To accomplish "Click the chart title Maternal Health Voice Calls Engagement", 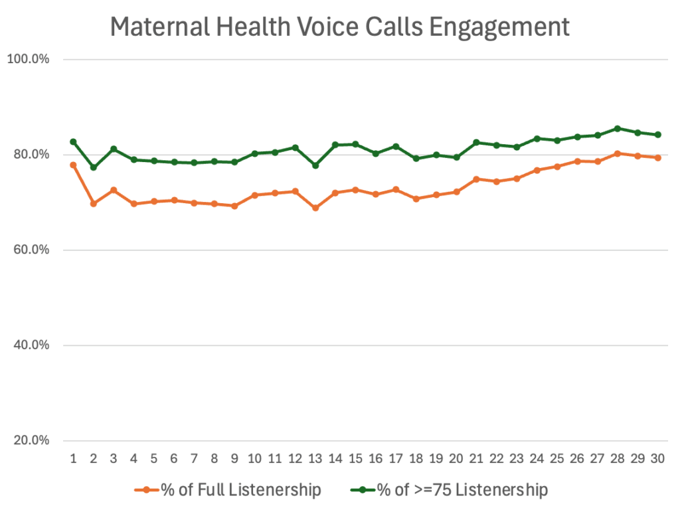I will click(339, 27).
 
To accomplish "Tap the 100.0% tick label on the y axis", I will click(28, 59).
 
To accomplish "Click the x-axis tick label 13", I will click(315, 458).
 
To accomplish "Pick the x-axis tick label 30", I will click(657, 458).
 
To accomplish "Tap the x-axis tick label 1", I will click(73, 458).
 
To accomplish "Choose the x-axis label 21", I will click(476, 458).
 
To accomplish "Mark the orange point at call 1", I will click(73, 165).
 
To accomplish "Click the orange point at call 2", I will click(94, 203).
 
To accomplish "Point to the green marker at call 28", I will click(617, 129).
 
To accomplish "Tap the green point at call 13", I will click(315, 165).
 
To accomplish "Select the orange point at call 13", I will click(315, 208).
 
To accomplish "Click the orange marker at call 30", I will click(657, 157).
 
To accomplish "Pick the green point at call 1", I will click(73, 141).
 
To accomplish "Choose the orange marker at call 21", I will click(476, 179).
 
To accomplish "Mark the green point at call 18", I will click(416, 159).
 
